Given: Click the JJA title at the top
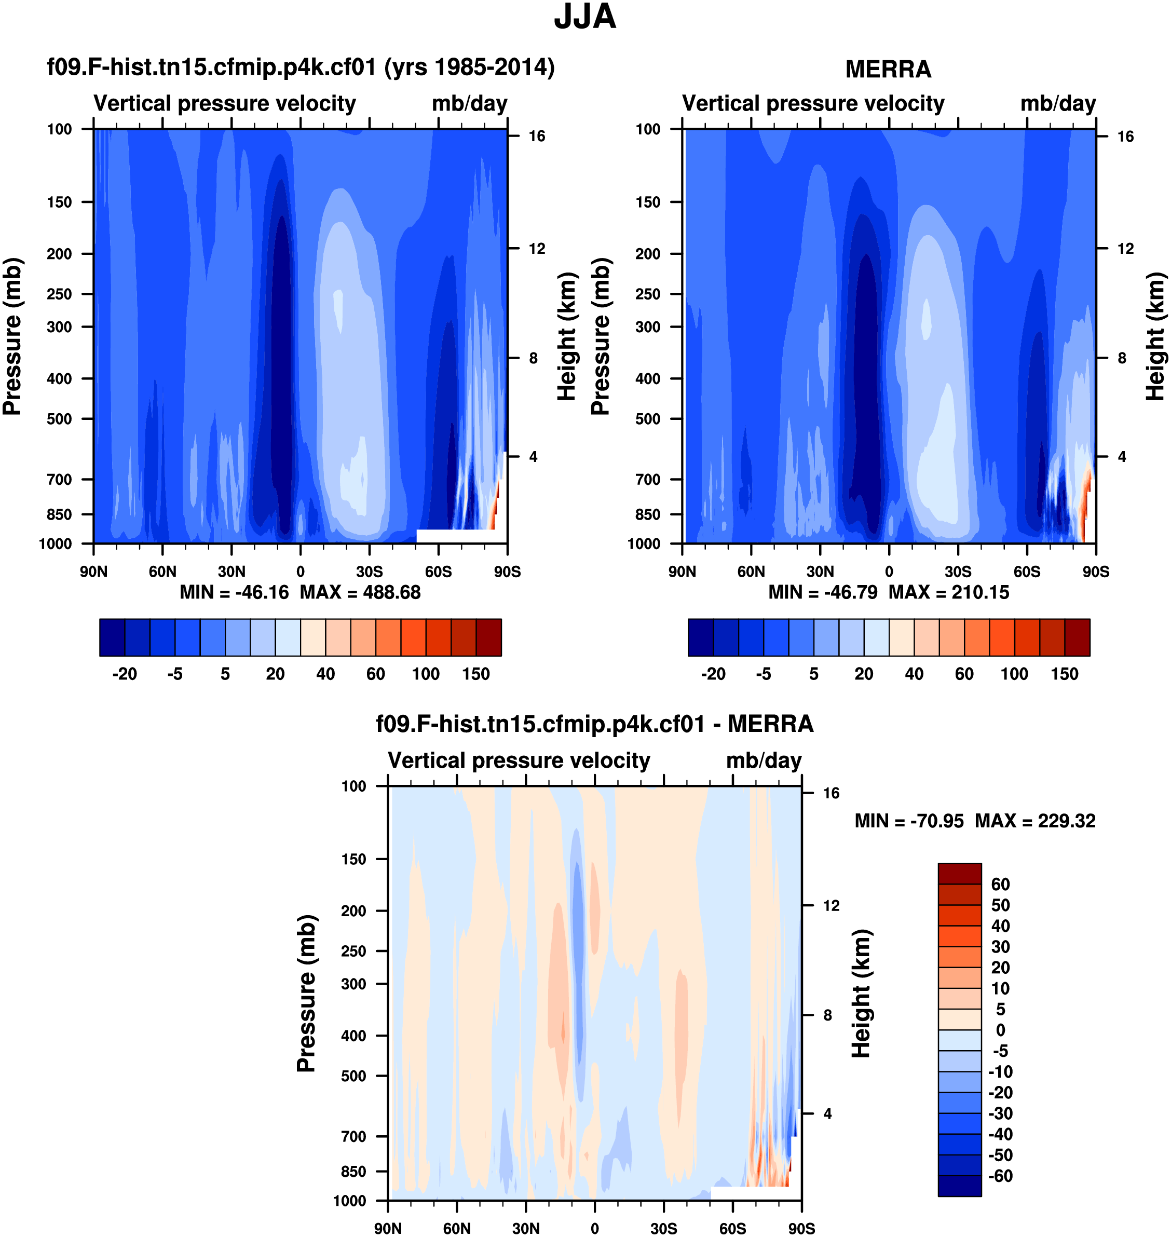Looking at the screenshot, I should pos(585,17).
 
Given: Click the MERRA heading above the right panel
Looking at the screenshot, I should pos(888,69).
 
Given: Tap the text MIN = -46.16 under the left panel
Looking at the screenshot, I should pos(234,592).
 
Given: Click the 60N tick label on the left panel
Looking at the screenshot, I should pos(162,572).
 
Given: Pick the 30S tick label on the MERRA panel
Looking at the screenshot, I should pos(958,572).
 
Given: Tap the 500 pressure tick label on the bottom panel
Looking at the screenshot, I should pos(353,1076).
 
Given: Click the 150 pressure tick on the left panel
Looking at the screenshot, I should pos(59,202).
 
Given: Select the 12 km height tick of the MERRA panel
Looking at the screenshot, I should pos(1125,249).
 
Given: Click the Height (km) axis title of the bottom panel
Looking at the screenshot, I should pos(862,994).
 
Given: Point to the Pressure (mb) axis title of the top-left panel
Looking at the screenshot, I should pos(12,337).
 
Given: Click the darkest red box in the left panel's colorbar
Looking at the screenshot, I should pos(489,637).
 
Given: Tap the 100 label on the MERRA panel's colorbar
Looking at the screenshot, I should pos(1014,674).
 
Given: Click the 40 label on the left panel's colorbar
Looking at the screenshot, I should pos(325,674).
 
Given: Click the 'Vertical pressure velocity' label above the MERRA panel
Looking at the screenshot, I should pos(813,104).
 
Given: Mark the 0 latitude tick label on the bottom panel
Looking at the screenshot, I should pos(594,1228).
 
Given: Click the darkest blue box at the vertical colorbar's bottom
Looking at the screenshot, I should pos(959,1186).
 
